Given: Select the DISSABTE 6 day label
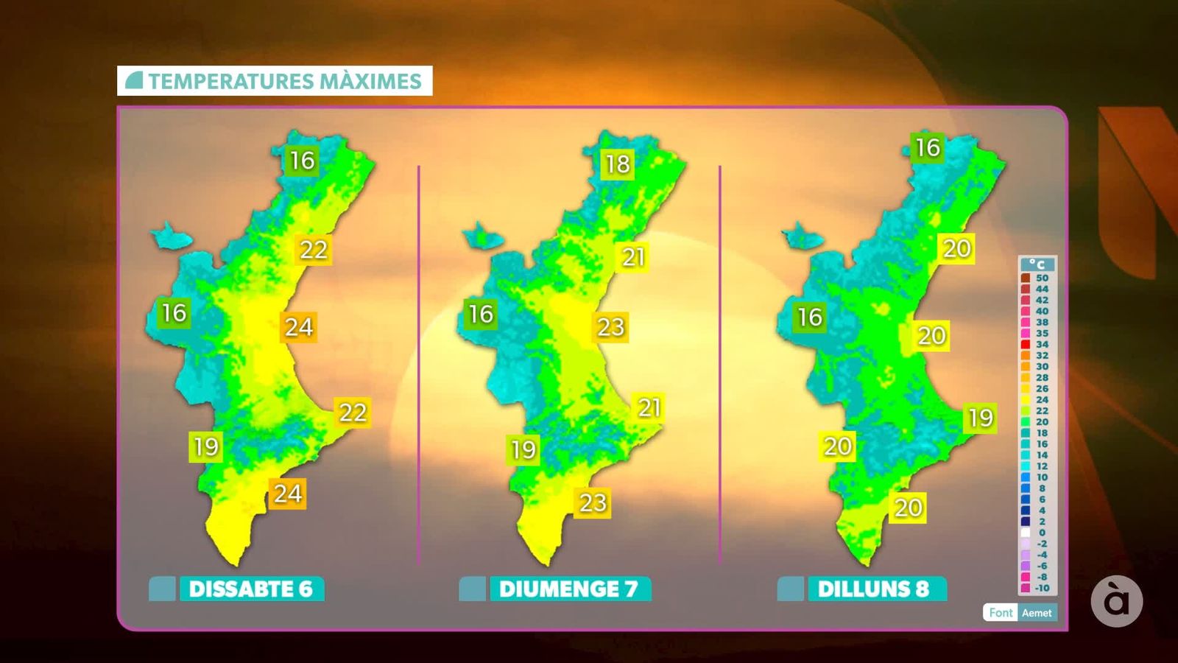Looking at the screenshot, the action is [x=251, y=589].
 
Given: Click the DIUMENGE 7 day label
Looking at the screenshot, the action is [x=568, y=589].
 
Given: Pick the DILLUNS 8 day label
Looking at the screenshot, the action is [x=874, y=589].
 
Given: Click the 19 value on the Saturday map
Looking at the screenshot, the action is [x=206, y=446].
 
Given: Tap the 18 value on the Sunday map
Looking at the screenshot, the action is [x=618, y=164].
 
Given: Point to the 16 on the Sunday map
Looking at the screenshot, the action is [x=481, y=315].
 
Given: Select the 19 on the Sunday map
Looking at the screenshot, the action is [x=523, y=449].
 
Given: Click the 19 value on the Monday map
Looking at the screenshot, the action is [x=981, y=418].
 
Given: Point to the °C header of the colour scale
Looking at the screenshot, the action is [x=1037, y=264].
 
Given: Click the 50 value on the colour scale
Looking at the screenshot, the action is [x=1042, y=278].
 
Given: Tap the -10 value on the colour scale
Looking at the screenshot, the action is [x=1042, y=588].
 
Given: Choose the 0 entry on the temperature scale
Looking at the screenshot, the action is [x=1042, y=533].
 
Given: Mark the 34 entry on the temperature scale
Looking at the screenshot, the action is [x=1042, y=344].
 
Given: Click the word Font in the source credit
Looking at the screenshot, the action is [x=1001, y=612].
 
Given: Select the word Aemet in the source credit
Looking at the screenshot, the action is [x=1037, y=612].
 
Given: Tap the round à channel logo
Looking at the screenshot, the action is [x=1116, y=601].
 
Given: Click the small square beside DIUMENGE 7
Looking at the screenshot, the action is [x=472, y=589].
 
